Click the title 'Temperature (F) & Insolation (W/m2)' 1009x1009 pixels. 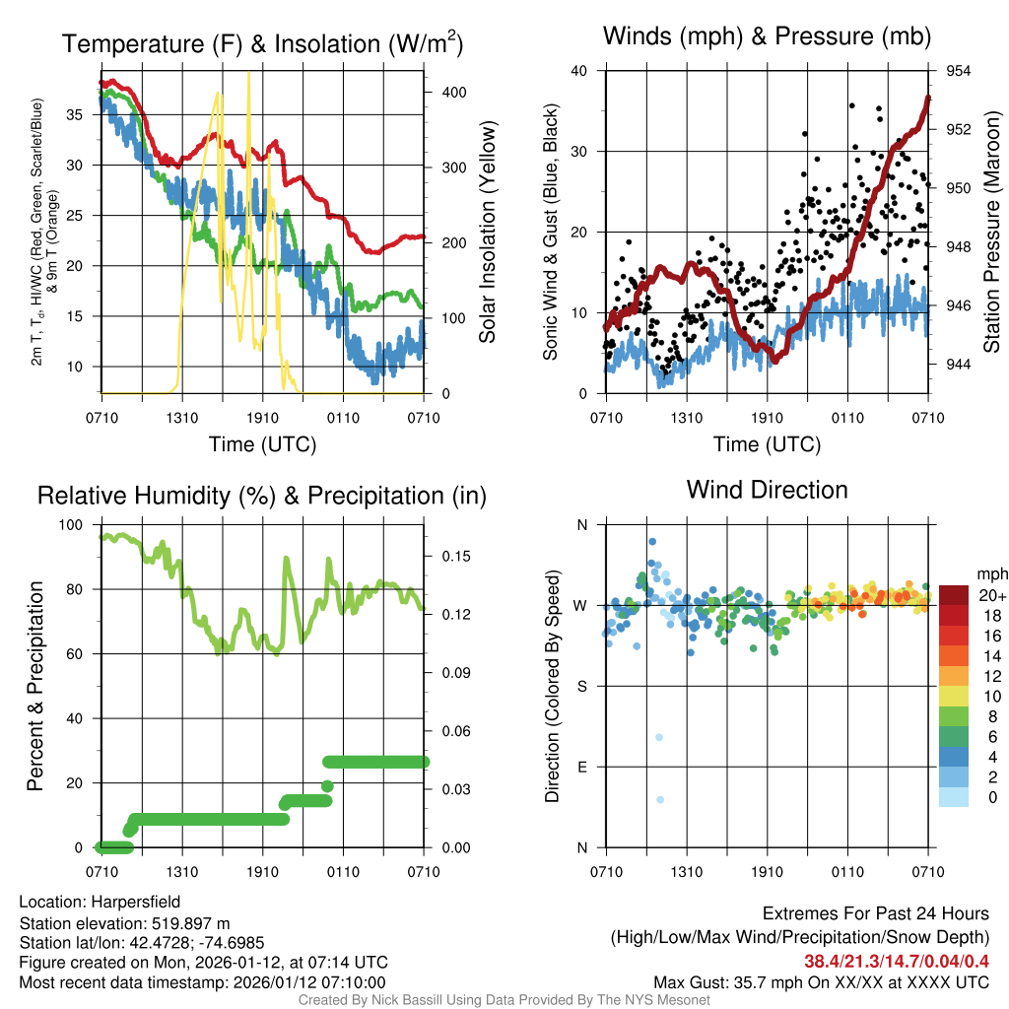(x=262, y=43)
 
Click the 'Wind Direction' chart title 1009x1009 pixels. (x=767, y=490)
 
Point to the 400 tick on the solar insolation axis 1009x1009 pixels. (x=453, y=92)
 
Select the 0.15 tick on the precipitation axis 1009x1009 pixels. (x=454, y=556)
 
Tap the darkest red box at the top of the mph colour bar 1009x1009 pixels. (x=955, y=594)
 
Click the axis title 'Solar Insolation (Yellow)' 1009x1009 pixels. (x=488, y=233)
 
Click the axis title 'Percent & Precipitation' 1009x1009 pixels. (x=34, y=686)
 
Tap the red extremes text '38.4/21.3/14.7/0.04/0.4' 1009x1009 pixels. (x=897, y=961)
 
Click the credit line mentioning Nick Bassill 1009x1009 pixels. (x=504, y=1000)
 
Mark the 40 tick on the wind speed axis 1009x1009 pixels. (x=579, y=71)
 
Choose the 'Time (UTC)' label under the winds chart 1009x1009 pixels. (x=767, y=444)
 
